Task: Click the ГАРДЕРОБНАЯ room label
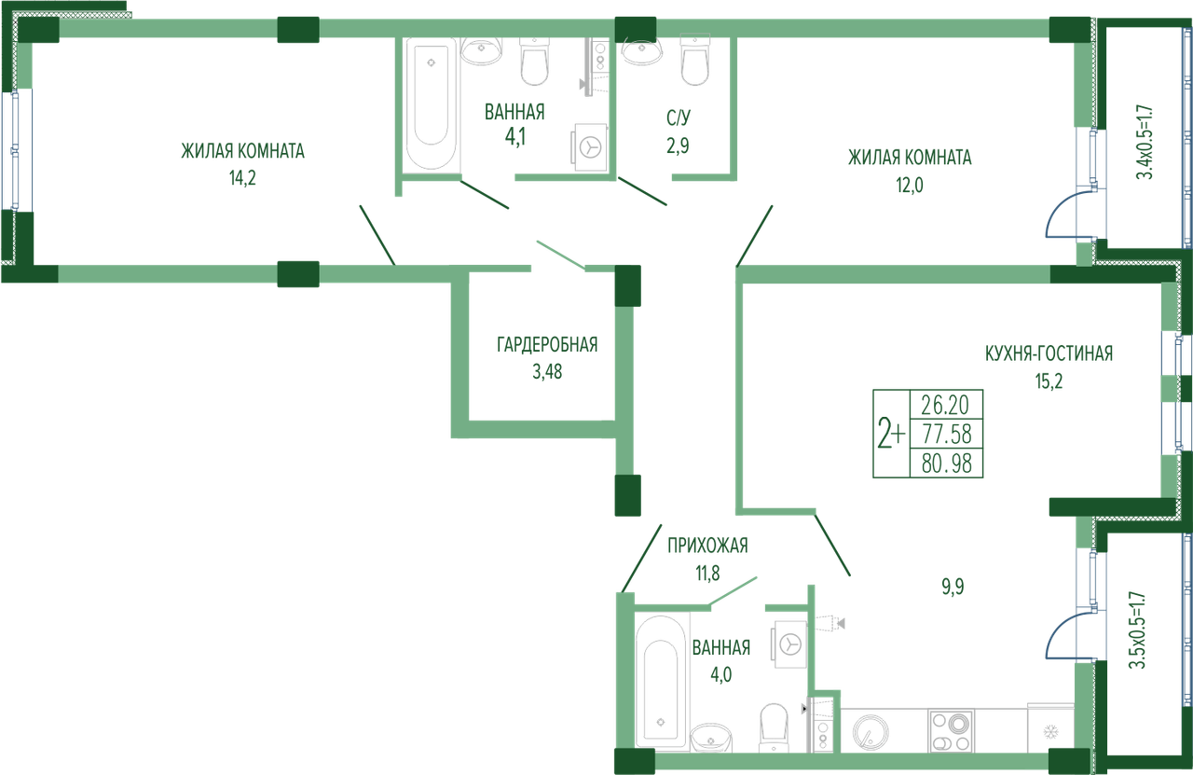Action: (547, 345)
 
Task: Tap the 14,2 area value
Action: (242, 178)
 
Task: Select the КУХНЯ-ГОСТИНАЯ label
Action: (1049, 353)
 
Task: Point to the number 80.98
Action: (946, 464)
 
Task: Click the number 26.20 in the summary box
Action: (945, 406)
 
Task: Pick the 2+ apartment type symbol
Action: (891, 434)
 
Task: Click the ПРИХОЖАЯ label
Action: (707, 546)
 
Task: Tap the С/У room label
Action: (678, 118)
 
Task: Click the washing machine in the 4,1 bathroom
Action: (589, 147)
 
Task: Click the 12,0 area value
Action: (909, 185)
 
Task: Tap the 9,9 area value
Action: (953, 587)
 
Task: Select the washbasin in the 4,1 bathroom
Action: (481, 50)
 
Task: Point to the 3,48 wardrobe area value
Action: (547, 372)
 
